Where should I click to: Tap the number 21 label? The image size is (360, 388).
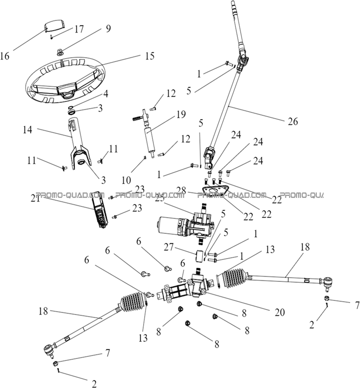point(34,199)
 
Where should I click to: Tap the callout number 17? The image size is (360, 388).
point(78,29)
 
